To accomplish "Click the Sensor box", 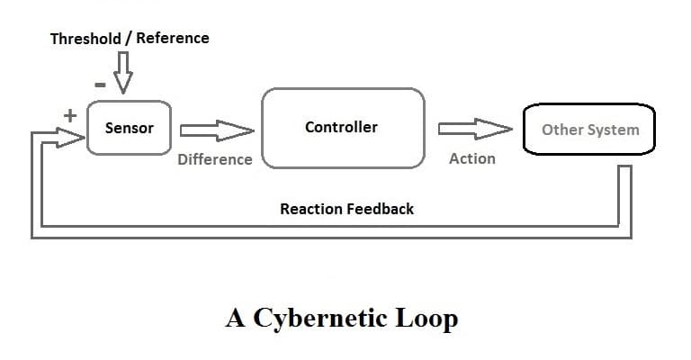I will (x=130, y=128).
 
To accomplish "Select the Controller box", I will (x=342, y=128).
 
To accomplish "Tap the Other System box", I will (x=589, y=130).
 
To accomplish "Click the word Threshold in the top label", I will (x=86, y=38).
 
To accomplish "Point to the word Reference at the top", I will (x=173, y=38).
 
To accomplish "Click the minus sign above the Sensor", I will (x=101, y=84).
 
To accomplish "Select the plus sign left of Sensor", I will (x=67, y=115).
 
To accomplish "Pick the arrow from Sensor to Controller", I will (x=217, y=130).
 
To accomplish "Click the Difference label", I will (x=215, y=159).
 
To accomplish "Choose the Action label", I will (x=471, y=158).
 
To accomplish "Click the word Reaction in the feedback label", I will (x=311, y=209).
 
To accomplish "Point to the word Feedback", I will (x=381, y=209).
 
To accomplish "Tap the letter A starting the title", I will (x=236, y=319).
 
